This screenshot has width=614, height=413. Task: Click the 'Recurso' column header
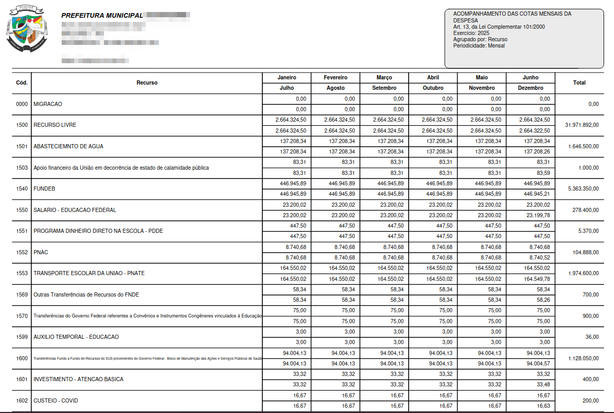pos(147,83)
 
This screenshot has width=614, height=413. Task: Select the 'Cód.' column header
pos(22,83)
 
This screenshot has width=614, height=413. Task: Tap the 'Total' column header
pos(579,83)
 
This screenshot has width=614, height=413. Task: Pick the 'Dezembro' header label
pos(530,88)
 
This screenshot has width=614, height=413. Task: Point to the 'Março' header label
pos(384,78)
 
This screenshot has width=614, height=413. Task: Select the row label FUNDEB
pos(44,188)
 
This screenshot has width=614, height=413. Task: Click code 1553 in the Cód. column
pos(22,274)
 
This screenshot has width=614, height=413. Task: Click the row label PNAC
pos(41,252)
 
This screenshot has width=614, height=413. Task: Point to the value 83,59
pos(543,173)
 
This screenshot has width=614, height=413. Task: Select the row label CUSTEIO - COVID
pos(55,400)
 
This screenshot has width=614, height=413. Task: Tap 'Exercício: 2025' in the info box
pos(471,33)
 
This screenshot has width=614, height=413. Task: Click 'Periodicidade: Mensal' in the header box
pos(479,45)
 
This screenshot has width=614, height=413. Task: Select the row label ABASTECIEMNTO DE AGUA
pos(68,147)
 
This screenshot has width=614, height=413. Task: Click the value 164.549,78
pos(537,279)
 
